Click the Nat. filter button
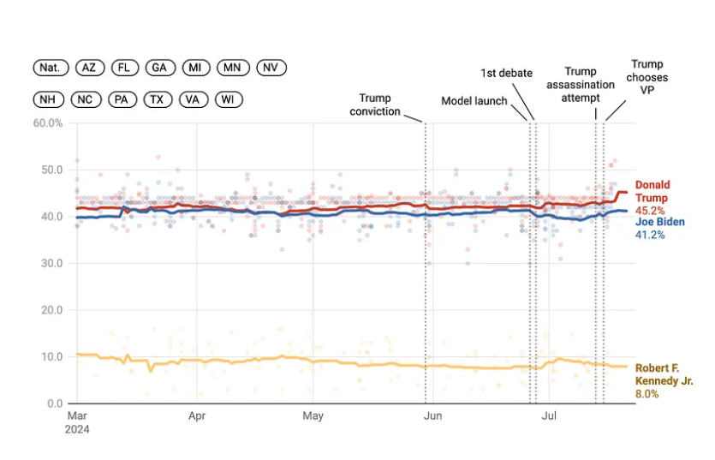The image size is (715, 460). point(51,68)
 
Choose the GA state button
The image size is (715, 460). point(159,68)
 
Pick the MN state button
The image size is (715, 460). point(231,68)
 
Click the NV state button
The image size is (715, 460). point(269,68)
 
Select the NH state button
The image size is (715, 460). point(50,99)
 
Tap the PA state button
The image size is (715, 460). point(122,99)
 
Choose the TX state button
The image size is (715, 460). point(157,99)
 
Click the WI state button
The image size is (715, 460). point(228,99)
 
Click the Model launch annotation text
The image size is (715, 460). point(474,101)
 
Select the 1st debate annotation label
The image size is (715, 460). point(506,73)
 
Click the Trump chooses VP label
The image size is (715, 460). point(646,77)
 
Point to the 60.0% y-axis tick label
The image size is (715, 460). point(48,123)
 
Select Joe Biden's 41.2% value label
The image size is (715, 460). point(648,234)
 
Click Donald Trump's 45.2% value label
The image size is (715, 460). point(649,210)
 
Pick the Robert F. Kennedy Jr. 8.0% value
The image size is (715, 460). point(646,394)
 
